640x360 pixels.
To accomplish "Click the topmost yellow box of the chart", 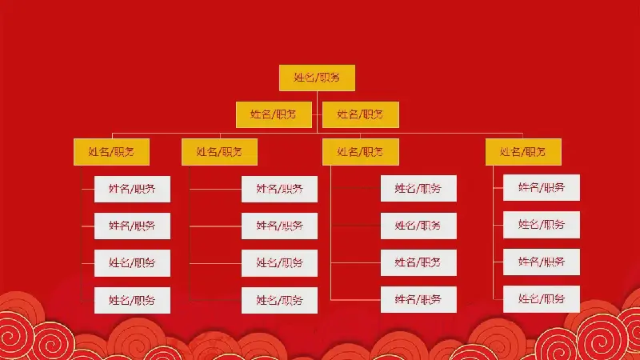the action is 317,78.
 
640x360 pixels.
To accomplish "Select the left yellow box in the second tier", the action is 274,114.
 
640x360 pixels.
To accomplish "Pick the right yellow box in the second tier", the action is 361,114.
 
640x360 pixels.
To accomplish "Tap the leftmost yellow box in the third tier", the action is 111,152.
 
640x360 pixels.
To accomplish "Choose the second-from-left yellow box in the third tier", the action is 219,152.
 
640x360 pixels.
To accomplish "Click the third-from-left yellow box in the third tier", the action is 361,152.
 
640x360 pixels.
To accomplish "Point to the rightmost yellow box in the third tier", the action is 523,152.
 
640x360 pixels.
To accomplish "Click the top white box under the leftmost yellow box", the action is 132,189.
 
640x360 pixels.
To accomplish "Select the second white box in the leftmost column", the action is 132,226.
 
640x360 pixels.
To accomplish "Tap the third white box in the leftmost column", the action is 132,263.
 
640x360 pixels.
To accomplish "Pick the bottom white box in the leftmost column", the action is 132,301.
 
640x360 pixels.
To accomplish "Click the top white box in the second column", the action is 279,189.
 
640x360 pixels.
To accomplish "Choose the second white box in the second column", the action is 279,226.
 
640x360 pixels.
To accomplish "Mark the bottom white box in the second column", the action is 279,301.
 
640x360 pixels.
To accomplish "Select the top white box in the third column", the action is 418,188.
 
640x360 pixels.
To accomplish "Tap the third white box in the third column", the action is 418,262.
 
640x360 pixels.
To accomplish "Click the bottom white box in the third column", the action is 418,299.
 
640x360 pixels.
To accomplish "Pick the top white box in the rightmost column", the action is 542,187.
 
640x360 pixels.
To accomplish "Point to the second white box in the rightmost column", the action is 542,225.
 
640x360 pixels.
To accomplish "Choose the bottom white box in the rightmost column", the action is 542,299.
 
